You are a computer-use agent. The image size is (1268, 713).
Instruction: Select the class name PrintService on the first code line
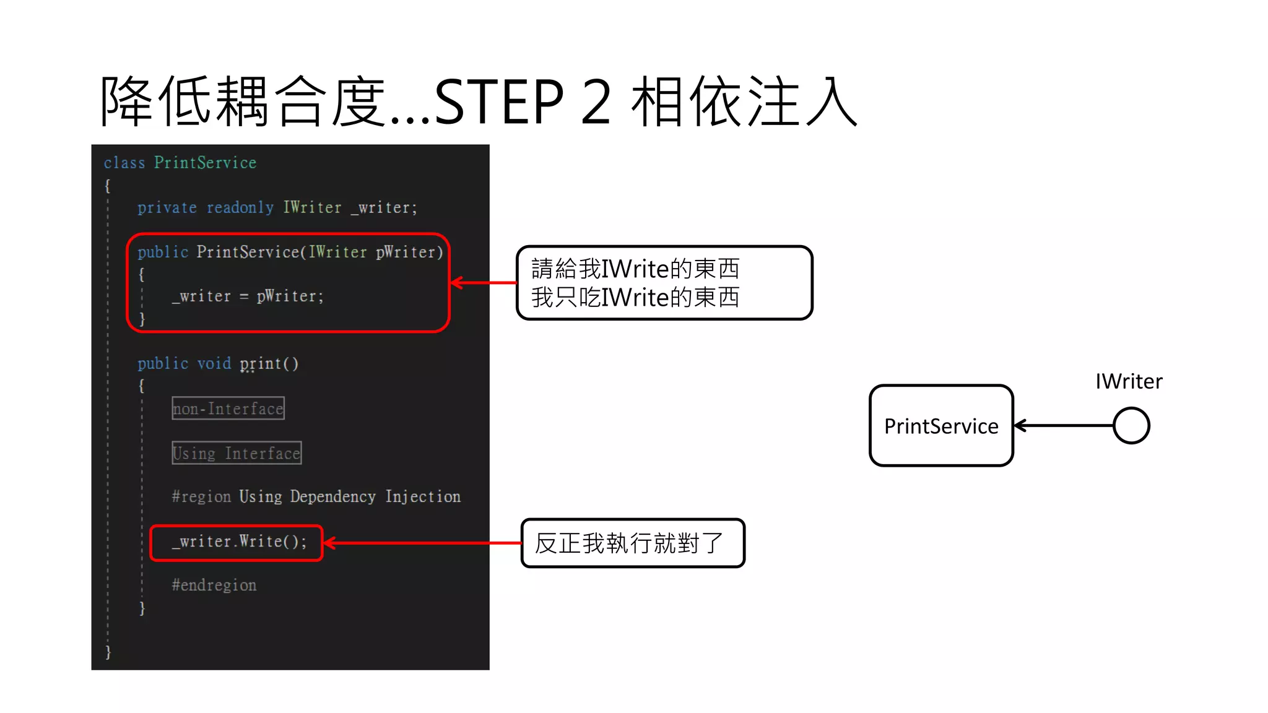click(x=205, y=163)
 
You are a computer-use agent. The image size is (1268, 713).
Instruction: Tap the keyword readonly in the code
click(x=240, y=207)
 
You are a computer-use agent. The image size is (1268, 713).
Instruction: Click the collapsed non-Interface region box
click(x=228, y=408)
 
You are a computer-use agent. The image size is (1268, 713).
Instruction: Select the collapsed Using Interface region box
click(x=237, y=453)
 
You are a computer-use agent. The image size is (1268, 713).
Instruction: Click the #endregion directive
click(x=214, y=585)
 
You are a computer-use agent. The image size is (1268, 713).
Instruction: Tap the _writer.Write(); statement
click(x=239, y=542)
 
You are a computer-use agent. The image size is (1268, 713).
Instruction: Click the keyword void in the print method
click(x=214, y=363)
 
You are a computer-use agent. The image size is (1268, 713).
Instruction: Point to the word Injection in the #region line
click(x=423, y=496)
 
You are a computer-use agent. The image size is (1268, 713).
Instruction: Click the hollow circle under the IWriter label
click(x=1131, y=425)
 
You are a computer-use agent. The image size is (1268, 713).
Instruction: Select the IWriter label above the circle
click(x=1129, y=381)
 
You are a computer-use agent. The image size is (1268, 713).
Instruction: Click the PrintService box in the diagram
click(x=941, y=426)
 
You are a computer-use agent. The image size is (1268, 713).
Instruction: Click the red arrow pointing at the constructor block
click(x=484, y=283)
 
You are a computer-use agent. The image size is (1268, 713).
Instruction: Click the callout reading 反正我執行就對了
click(x=633, y=543)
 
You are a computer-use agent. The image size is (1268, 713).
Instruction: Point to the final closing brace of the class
click(x=108, y=652)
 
